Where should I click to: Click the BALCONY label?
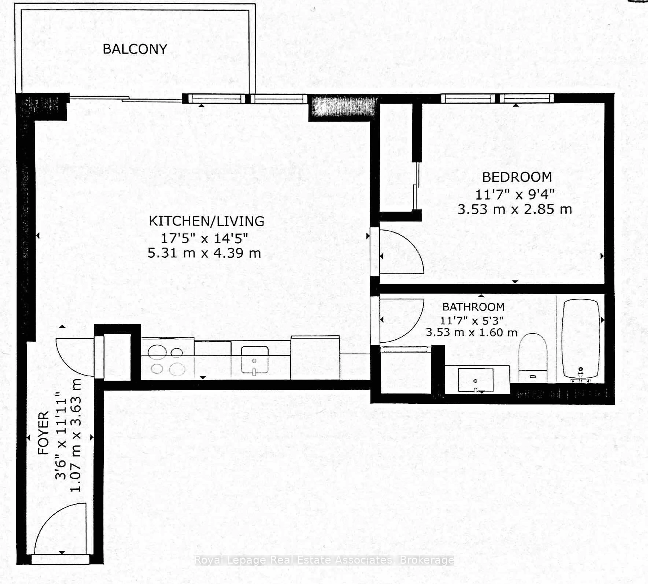(x=135, y=49)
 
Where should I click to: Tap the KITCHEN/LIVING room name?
(x=207, y=221)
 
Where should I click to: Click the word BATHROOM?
(x=473, y=307)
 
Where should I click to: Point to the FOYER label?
(x=43, y=433)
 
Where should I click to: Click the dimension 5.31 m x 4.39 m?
(x=204, y=254)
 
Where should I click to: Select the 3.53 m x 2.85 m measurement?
(x=515, y=210)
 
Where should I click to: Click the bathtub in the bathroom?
(x=580, y=339)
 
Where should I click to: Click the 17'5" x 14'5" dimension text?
(x=204, y=238)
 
